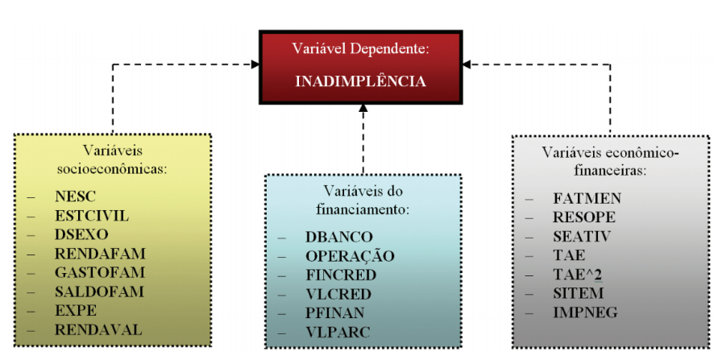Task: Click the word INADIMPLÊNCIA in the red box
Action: (360, 81)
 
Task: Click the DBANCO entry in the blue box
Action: (339, 238)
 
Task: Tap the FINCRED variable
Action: (341, 275)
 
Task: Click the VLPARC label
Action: (337, 330)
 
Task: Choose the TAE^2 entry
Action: (575, 274)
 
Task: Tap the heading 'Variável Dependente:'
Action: (360, 49)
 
